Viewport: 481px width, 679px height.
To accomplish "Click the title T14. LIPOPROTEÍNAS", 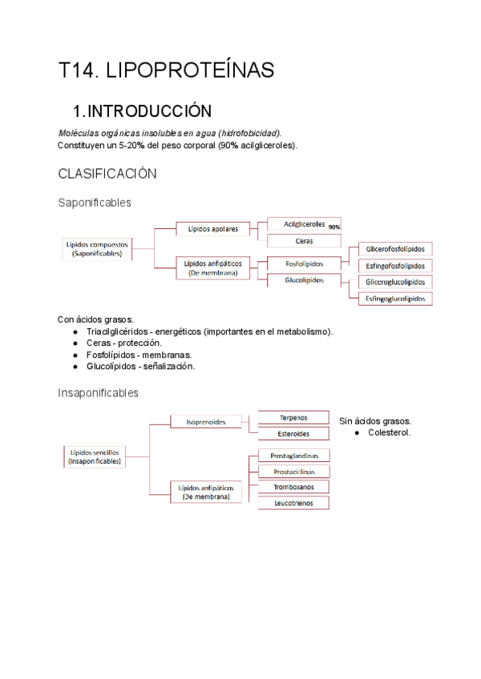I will coord(166,70).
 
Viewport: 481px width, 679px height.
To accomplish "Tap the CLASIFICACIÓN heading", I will coord(107,174).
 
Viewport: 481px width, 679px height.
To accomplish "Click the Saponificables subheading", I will coord(95,203).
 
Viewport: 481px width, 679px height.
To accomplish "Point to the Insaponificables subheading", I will coord(98,393).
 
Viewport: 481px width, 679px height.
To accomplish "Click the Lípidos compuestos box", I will coord(96,248).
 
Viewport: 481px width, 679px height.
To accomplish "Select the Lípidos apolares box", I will coord(212,228).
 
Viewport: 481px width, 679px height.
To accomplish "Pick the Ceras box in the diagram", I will coord(304,240).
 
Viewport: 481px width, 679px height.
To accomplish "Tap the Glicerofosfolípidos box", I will coord(395,249).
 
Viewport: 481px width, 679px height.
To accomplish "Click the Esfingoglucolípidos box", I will coord(395,299).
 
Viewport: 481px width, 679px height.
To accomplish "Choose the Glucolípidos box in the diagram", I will coord(304,280).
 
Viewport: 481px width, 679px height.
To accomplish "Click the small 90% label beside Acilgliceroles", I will coord(334,227).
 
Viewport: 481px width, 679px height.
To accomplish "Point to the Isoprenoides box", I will coord(206,420).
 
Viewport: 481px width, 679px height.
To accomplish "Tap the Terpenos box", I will coord(293,417).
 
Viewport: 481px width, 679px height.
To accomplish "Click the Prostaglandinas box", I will coord(293,455).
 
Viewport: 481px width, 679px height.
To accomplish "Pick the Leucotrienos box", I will coord(293,503).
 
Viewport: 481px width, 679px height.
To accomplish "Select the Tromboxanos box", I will coord(293,487).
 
